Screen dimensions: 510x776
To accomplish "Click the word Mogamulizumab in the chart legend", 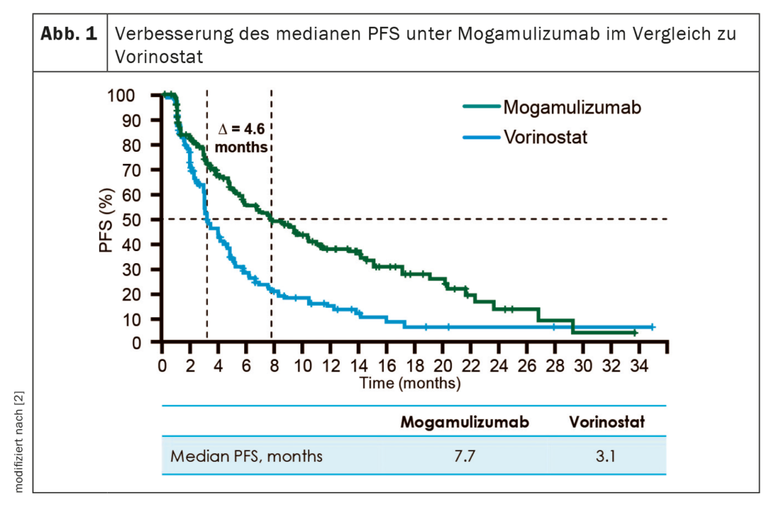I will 572,106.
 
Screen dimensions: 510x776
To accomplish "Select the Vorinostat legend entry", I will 546,137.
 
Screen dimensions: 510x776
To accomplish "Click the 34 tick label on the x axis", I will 640,367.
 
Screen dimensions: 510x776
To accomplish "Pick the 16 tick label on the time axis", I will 387,367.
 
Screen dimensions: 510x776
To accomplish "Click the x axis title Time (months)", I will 410,384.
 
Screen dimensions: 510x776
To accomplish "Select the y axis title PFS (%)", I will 107,220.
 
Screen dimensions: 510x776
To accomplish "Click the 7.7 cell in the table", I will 465,456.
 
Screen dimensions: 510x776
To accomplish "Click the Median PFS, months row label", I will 246,456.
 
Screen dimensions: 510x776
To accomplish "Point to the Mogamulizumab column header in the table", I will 465,422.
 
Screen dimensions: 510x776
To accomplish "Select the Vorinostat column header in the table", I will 606,422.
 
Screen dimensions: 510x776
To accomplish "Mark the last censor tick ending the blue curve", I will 652,327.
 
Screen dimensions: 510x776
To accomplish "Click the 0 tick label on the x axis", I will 162,367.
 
